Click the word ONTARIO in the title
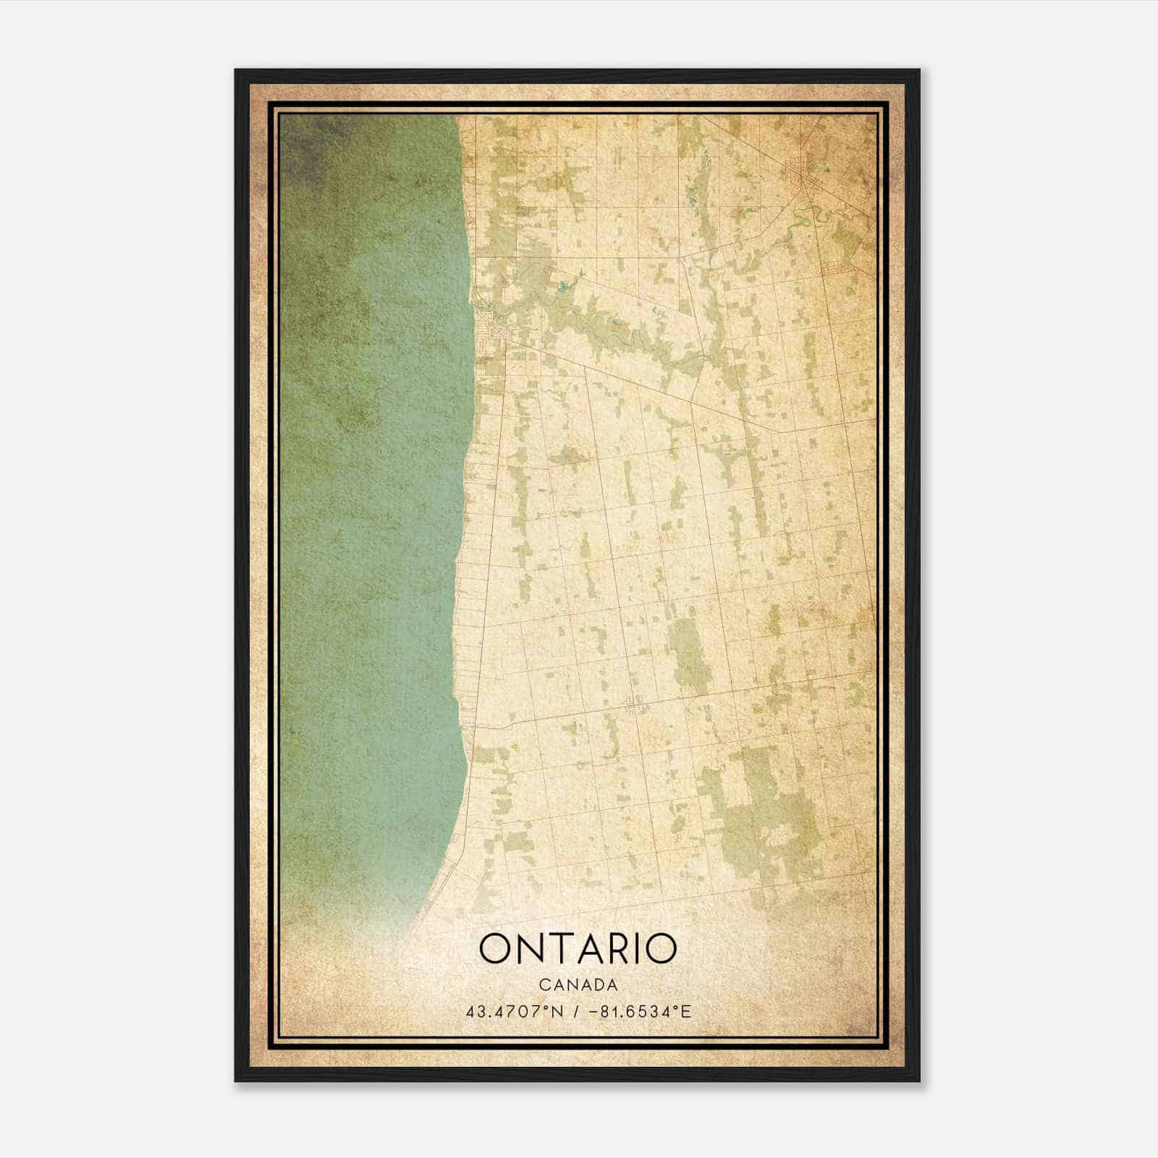coord(578,949)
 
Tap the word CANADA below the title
coord(578,985)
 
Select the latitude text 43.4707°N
coord(515,1011)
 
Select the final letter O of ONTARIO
coord(661,949)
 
